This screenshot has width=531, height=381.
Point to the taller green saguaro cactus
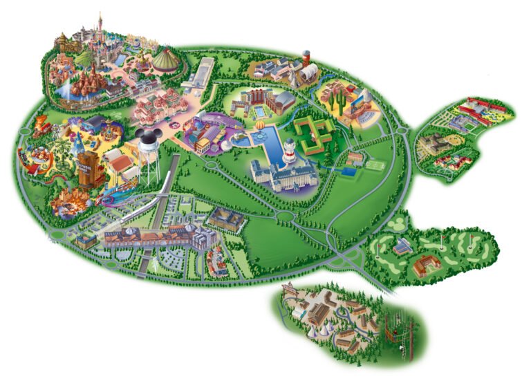338,102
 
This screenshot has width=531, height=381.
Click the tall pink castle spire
100,21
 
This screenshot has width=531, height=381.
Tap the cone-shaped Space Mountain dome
166,61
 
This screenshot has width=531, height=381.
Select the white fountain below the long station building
158,261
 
